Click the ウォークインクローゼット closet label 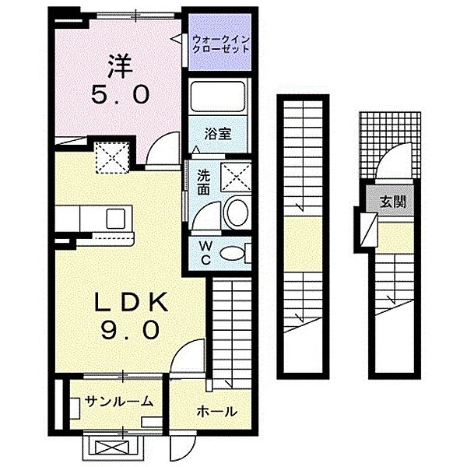click(220, 44)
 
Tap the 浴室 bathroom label click(217, 135)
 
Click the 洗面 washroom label click(204, 182)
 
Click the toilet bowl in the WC click(231, 253)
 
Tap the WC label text click(205, 252)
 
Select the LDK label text click(131, 303)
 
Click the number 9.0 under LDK click(130, 329)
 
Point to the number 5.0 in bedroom click(121, 94)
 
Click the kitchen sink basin click(115, 219)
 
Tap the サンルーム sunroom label click(119, 402)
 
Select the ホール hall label click(216, 412)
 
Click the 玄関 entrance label click(393, 202)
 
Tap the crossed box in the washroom click(235, 177)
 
